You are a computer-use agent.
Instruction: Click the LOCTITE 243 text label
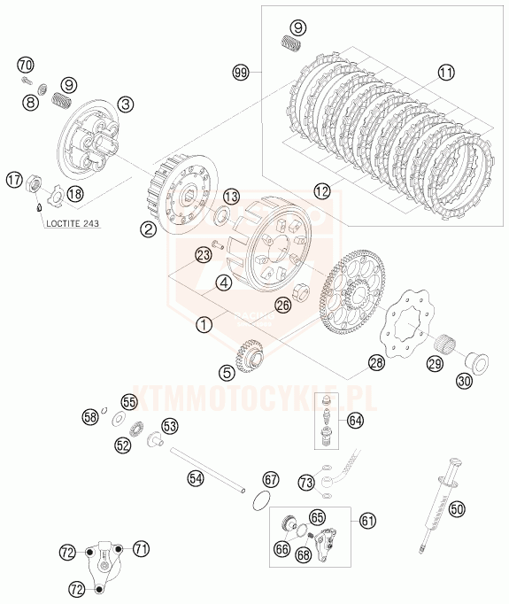click(73, 223)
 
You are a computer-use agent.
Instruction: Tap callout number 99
click(241, 73)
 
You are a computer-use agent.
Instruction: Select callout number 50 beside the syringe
click(457, 509)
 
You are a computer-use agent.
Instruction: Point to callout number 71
click(142, 548)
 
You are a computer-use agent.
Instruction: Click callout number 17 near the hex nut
click(14, 180)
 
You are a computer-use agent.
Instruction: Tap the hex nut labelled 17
click(34, 182)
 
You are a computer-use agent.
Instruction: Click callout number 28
click(376, 362)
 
